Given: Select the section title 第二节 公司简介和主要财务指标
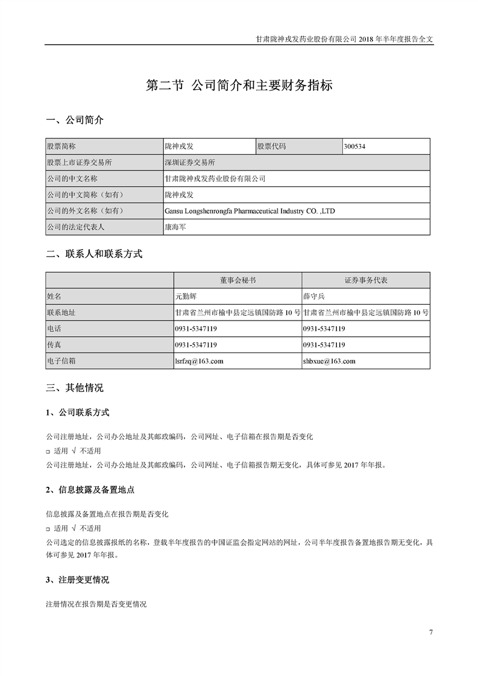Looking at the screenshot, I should coord(239,86).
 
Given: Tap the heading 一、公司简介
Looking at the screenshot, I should coord(75,120).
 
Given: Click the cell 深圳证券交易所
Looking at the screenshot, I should coord(190,163).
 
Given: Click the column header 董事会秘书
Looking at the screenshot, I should coord(237,281).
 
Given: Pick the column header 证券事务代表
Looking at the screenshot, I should coord(366,281).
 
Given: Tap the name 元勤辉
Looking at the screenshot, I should coord(186,296).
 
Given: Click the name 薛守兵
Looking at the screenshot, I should coord(314,296).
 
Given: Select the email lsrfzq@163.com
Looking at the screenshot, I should coord(199,361).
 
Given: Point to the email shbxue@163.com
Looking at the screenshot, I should coord(329,361).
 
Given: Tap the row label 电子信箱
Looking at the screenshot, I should coord(61,361).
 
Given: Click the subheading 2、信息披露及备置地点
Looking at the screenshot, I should coord(90,489).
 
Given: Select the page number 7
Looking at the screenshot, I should coord(431,632).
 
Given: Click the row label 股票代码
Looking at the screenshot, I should coord(272,146).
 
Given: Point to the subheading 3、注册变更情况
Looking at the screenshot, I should coord(77,580).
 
